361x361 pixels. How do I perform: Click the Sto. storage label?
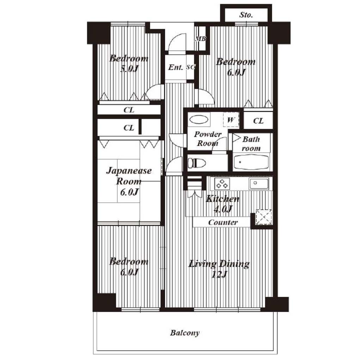(x=246, y=15)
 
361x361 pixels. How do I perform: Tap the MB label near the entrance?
(x=201, y=39)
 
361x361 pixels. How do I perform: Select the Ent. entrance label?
(x=176, y=67)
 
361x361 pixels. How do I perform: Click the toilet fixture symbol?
(x=197, y=163)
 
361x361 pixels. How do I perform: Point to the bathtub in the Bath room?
(x=251, y=162)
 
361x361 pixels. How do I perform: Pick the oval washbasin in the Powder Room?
(x=199, y=120)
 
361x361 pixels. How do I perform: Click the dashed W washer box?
(x=231, y=120)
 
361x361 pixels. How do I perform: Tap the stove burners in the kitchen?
(x=222, y=183)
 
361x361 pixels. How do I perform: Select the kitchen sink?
(x=259, y=183)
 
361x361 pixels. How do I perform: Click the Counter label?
(x=223, y=222)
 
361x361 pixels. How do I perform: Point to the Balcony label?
(x=185, y=333)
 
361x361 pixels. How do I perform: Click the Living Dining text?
(x=219, y=264)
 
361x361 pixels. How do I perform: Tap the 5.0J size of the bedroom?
(x=129, y=69)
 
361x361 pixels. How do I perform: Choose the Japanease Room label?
(x=129, y=176)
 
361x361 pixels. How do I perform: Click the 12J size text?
(x=219, y=274)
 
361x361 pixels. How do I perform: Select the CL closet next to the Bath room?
(x=258, y=121)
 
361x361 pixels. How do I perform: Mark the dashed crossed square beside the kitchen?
(x=264, y=217)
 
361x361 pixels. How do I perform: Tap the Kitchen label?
(x=222, y=199)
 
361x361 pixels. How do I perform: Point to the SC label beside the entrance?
(x=191, y=67)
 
